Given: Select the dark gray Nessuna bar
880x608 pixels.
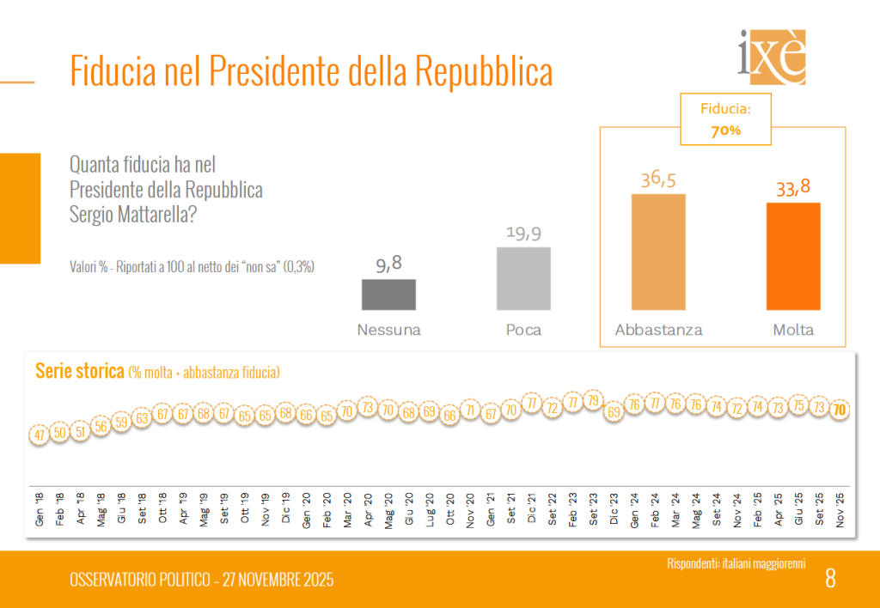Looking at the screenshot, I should click(x=388, y=295).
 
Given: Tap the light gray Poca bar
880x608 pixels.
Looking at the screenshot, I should click(x=523, y=278).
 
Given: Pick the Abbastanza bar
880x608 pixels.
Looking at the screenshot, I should click(x=658, y=252).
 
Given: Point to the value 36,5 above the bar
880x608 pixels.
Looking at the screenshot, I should click(x=658, y=179).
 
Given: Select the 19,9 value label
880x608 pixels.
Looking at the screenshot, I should click(x=523, y=234).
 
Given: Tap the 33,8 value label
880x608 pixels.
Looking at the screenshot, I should click(x=793, y=188).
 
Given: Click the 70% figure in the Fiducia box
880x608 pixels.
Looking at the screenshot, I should click(x=725, y=131).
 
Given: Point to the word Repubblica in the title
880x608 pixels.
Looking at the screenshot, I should click(x=484, y=72).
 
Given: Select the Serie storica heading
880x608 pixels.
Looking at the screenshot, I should click(x=79, y=371).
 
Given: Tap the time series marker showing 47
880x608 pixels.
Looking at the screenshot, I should click(x=40, y=435).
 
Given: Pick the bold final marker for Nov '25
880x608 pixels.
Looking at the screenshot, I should click(x=840, y=410).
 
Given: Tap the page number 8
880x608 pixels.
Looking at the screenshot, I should click(x=830, y=579).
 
